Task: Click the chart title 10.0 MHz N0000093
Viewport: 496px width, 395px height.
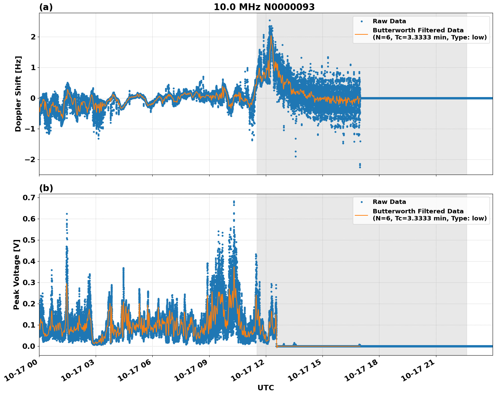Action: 264,7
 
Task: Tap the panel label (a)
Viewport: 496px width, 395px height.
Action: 46,7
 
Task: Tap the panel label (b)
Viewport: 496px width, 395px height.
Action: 46,188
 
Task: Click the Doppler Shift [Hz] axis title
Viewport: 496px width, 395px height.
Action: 18,94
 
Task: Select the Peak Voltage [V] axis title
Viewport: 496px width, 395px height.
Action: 17,274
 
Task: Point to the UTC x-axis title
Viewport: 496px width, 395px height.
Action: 266,388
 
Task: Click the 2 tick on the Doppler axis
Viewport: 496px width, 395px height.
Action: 33,37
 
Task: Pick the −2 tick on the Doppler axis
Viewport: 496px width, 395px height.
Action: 30,159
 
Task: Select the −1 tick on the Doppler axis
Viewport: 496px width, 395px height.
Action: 30,129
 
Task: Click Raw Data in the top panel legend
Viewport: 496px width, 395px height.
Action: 389,22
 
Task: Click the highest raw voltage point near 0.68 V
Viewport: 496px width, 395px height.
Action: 234,202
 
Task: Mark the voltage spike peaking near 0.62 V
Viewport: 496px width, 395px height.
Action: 67,214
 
